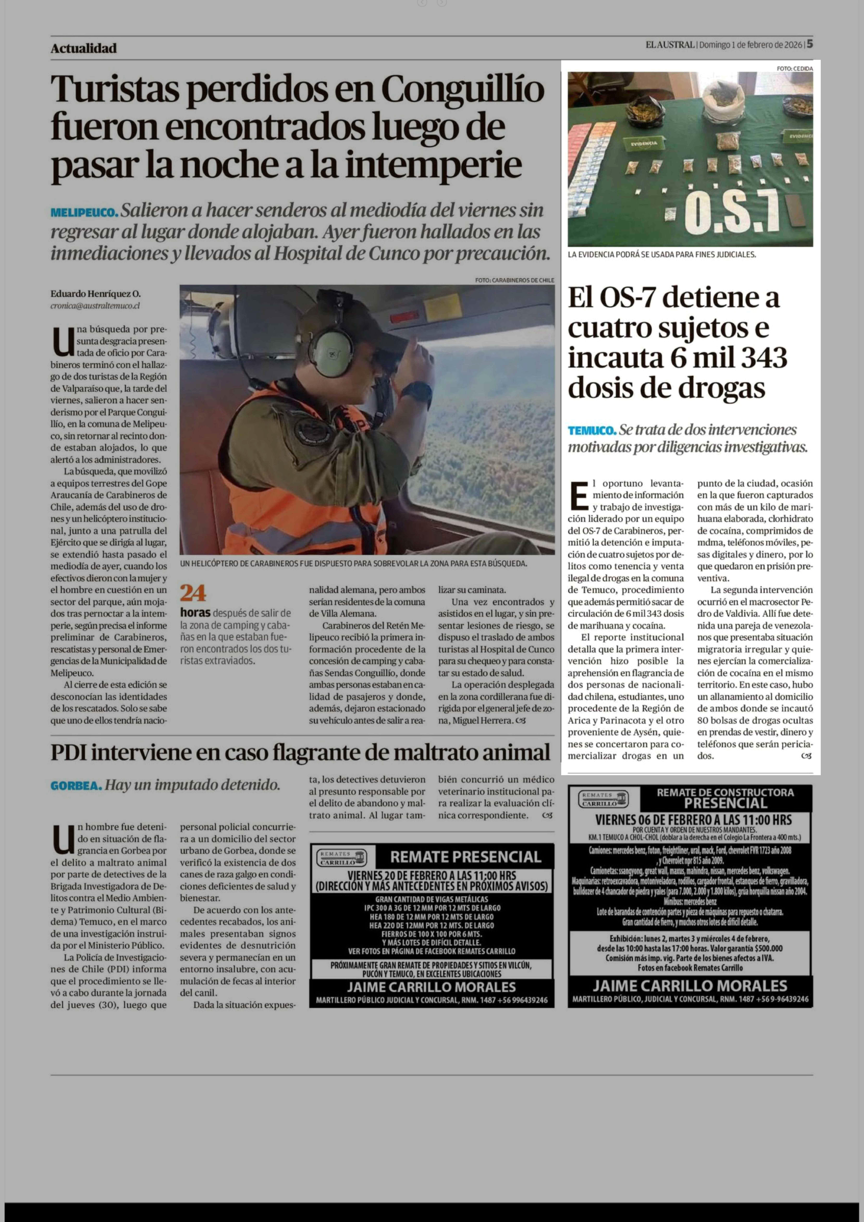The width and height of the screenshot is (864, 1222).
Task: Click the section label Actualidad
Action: (x=84, y=48)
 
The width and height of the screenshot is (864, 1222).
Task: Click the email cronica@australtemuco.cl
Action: (x=95, y=306)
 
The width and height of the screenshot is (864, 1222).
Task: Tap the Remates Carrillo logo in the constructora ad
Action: (x=603, y=799)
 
